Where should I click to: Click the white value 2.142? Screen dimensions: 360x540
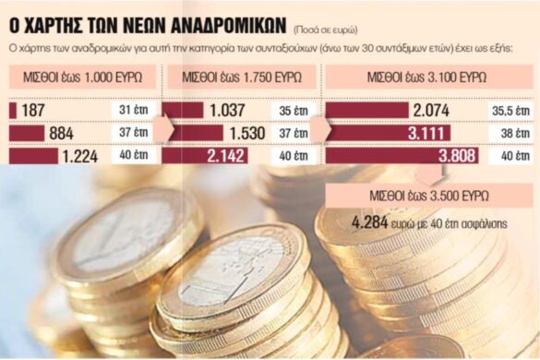(x=227, y=156)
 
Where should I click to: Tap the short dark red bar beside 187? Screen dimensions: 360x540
(x=12, y=111)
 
